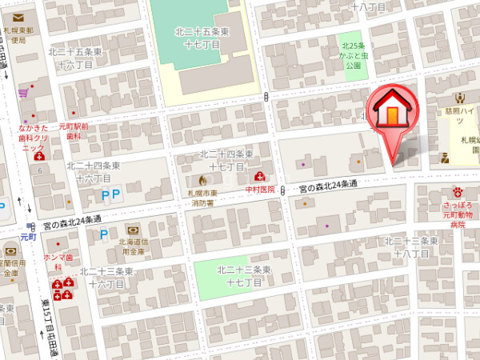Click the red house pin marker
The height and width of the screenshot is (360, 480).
click(x=391, y=112)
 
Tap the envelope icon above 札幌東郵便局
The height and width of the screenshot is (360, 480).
click(x=18, y=17)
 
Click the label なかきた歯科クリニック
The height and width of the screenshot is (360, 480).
click(x=34, y=137)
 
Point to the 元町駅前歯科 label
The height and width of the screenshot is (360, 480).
click(x=73, y=132)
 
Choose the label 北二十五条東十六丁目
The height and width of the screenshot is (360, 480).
click(x=75, y=58)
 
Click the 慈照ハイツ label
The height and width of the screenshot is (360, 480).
click(x=459, y=114)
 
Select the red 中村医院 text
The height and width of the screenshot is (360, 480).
click(x=260, y=190)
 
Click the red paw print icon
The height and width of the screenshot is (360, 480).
click(x=458, y=192)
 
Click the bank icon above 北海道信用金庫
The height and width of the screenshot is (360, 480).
click(x=132, y=229)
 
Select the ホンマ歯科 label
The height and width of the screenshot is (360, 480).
click(x=58, y=262)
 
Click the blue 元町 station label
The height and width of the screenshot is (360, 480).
click(x=29, y=237)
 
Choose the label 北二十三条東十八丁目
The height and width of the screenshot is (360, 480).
click(x=411, y=246)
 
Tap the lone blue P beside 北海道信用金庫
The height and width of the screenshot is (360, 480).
click(x=102, y=235)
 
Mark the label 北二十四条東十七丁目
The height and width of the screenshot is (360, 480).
click(x=226, y=160)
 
